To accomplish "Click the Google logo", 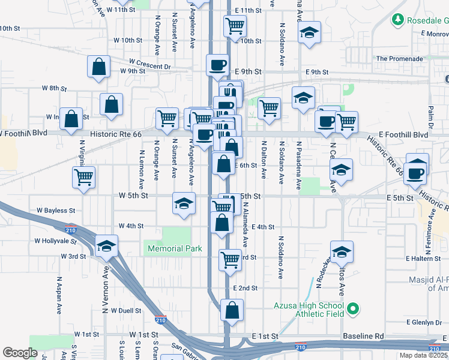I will pos(20,353).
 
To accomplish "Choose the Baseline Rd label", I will pos(363,337).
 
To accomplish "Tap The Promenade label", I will pos(400,59).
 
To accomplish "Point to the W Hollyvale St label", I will pos(56,241).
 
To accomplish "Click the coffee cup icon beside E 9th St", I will pos(217,64).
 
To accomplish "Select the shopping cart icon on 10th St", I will pos(235,26).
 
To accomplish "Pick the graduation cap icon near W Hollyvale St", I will pos(107,245).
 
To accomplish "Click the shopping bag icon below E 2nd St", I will pos(231,310).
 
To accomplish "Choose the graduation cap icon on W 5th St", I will pos(184,202).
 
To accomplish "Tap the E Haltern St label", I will pos(424,259).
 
